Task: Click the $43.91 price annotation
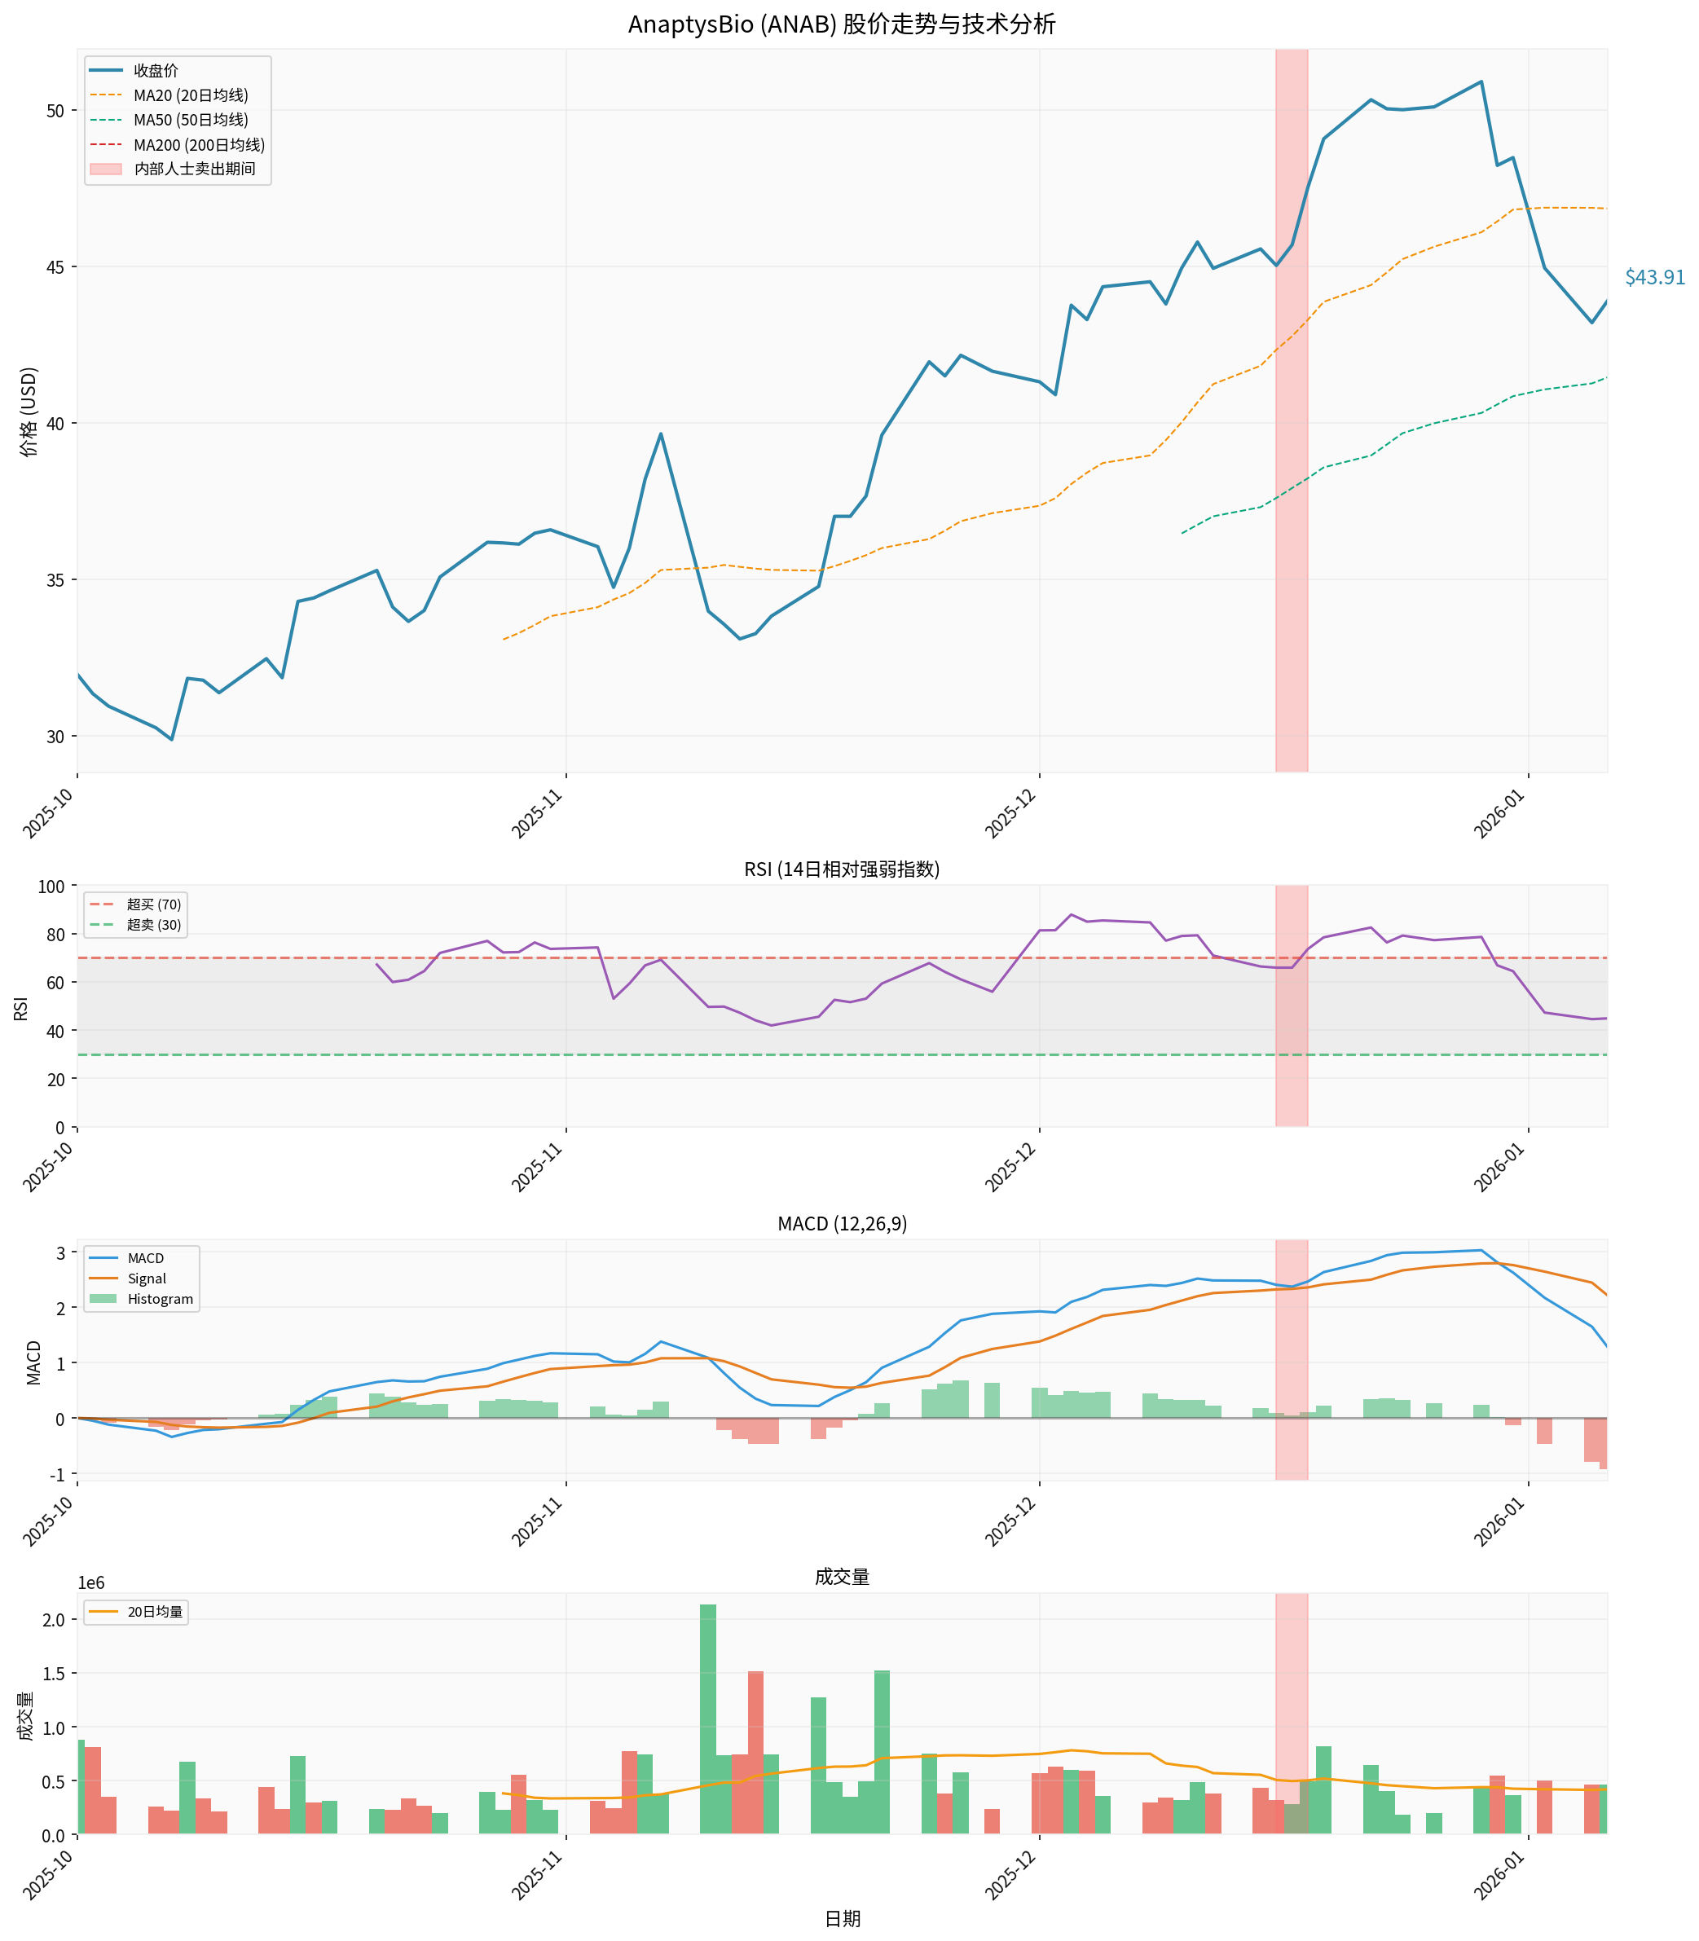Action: [1653, 277]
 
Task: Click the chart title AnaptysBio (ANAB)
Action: [841, 24]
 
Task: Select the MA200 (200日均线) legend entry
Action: [198, 145]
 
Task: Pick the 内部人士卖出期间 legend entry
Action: [195, 169]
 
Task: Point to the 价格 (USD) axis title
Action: [29, 412]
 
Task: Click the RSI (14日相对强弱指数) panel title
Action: [841, 869]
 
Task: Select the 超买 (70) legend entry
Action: [153, 904]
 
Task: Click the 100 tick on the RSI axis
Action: [51, 887]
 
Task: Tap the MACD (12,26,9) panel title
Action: [841, 1224]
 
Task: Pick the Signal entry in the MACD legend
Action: [146, 1279]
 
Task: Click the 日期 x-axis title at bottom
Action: [841, 1919]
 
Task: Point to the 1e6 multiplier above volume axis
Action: [91, 1583]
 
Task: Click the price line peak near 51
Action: [1481, 81]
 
